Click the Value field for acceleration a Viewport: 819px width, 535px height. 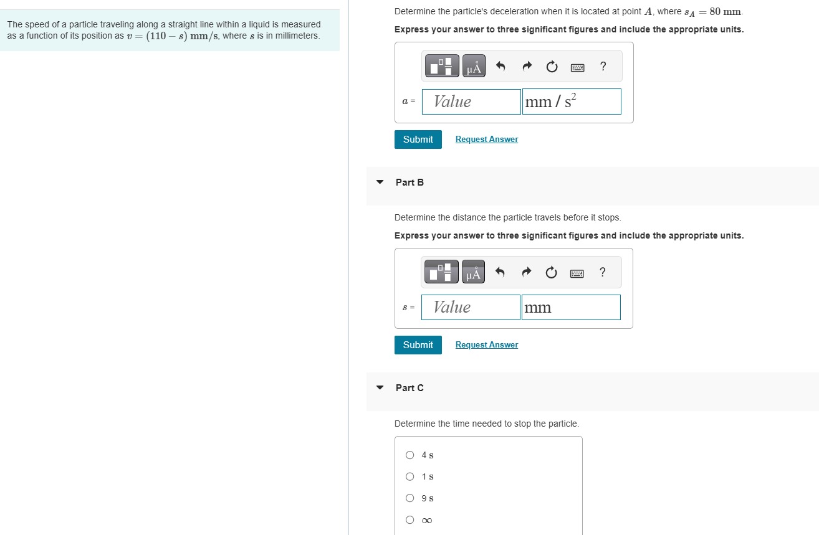[x=471, y=102]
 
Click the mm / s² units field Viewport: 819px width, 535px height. [x=571, y=102]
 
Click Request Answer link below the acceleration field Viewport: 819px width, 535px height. [x=486, y=140]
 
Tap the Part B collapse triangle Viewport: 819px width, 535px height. [x=380, y=182]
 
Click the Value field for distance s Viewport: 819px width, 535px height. [x=471, y=308]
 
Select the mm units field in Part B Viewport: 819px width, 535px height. [x=570, y=308]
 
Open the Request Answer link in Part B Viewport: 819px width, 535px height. [x=486, y=345]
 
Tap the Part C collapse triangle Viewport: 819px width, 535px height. [x=380, y=388]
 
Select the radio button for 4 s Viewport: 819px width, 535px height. [x=410, y=455]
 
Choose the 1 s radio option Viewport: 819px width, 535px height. [x=410, y=477]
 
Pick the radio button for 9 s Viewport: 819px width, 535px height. [x=410, y=498]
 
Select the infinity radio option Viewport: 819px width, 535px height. [x=410, y=520]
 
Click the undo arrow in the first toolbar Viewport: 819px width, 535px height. [x=500, y=67]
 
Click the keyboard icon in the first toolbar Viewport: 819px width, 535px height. [x=577, y=67]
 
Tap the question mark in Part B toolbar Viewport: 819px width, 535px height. [x=602, y=272]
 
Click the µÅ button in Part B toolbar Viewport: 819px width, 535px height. [x=474, y=272]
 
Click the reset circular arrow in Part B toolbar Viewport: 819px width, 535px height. [x=551, y=273]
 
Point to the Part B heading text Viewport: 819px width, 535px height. [x=410, y=182]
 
